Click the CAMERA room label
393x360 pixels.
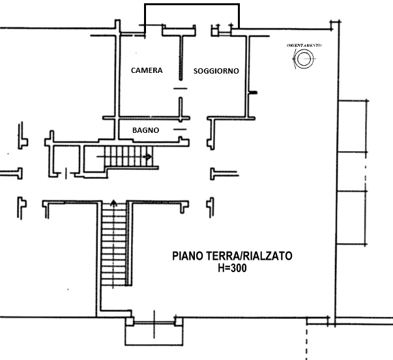tap(147, 70)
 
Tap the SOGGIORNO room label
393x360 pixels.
tap(216, 71)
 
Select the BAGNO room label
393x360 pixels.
tap(145, 130)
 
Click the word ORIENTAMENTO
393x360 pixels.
tap(304, 46)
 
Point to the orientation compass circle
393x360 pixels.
tap(304, 59)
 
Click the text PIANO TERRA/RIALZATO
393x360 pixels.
tap(232, 256)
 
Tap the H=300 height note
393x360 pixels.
tap(232, 268)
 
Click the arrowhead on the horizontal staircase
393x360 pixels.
tap(149, 157)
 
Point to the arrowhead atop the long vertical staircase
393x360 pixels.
tap(114, 202)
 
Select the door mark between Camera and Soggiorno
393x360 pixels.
tap(181, 89)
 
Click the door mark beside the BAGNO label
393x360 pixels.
tap(180, 130)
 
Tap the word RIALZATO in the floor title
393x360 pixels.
tap(267, 256)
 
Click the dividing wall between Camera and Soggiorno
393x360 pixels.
tap(181, 58)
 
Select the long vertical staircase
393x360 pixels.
tap(114, 243)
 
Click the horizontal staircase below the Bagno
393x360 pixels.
tap(128, 156)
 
